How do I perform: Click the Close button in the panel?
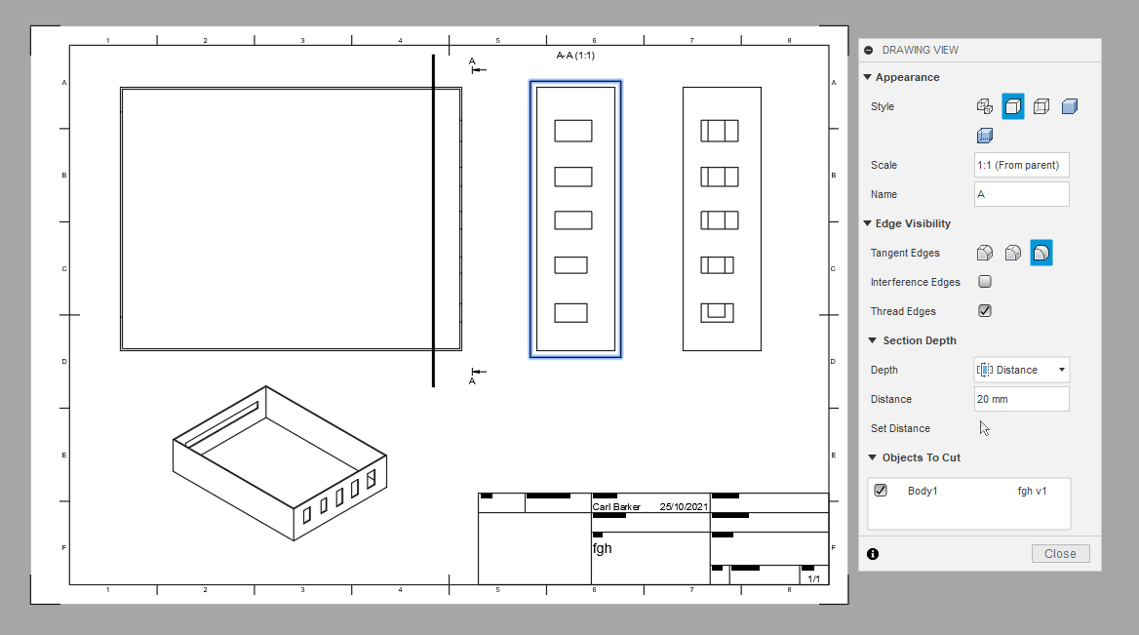click(1060, 554)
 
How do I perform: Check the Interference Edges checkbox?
click(985, 282)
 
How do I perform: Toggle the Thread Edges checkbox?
click(985, 311)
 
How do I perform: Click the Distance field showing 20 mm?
click(1021, 399)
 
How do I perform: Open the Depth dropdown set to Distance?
click(1022, 370)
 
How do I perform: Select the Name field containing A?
click(1021, 194)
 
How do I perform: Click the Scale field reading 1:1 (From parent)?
click(1021, 165)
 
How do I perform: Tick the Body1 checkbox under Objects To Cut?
click(881, 491)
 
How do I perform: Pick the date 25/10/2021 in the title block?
click(683, 507)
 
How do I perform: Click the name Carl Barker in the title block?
click(617, 507)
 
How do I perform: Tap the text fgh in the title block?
click(603, 548)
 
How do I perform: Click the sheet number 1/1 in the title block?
click(813, 579)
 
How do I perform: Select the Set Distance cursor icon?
click(985, 428)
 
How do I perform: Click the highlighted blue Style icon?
click(1013, 106)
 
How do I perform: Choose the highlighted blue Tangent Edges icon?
click(1041, 253)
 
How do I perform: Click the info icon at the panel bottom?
click(873, 554)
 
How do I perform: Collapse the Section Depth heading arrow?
click(873, 340)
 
